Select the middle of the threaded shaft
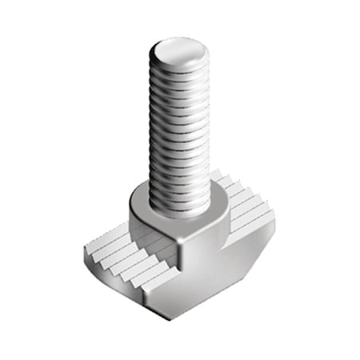(x=179, y=128)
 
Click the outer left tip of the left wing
(x=86, y=254)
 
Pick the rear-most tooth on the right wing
(x=218, y=174)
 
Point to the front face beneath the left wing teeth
(x=128, y=284)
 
